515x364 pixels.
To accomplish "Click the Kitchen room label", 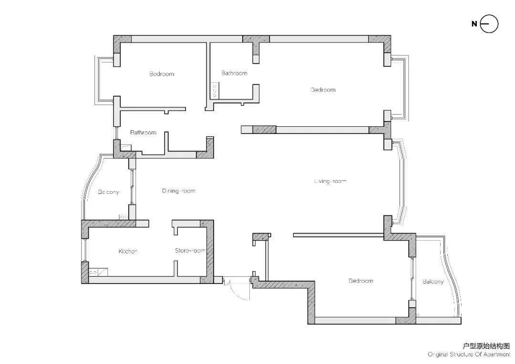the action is (x=128, y=252).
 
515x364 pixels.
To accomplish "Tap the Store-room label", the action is (x=190, y=251).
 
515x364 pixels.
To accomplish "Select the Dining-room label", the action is (x=179, y=191).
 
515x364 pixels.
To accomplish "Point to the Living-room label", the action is (x=330, y=181).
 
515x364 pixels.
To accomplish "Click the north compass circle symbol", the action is (x=489, y=24).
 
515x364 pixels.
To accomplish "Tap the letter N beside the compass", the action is (x=474, y=24).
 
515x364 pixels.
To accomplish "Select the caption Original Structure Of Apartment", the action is (x=469, y=354).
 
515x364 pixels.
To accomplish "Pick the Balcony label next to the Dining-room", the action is (x=108, y=192).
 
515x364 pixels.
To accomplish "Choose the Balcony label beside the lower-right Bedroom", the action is (x=433, y=282).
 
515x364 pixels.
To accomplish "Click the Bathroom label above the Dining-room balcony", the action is (x=143, y=132).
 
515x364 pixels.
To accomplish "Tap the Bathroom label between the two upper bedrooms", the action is (x=234, y=73).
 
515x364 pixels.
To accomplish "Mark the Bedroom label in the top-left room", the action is (x=162, y=74).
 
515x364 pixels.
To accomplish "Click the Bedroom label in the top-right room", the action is (x=323, y=90).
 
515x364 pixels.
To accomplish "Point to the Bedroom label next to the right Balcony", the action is (x=361, y=281).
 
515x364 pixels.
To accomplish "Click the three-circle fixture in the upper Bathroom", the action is (x=215, y=91).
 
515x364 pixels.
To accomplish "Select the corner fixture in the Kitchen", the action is (x=98, y=272).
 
